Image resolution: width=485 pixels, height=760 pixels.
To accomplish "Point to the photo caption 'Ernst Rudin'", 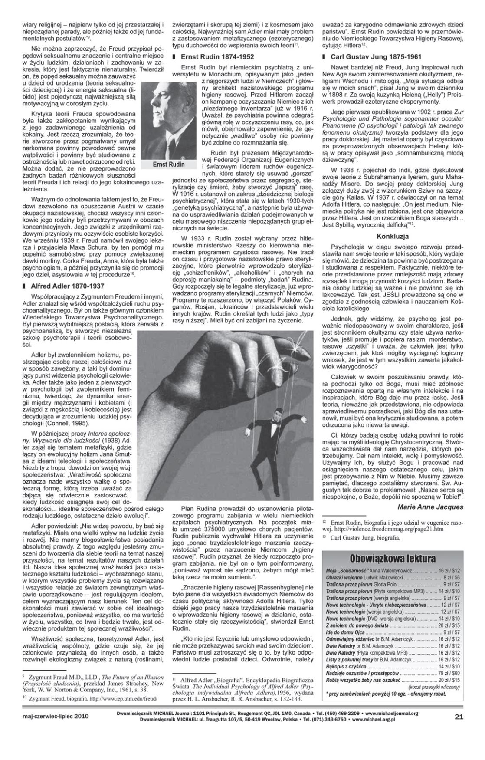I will click(169, 165).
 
